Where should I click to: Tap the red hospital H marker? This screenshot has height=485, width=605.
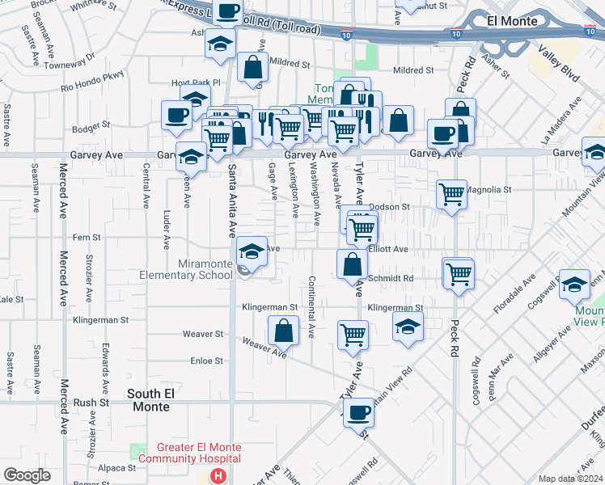click(218, 477)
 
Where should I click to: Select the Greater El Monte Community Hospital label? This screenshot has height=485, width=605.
click(190, 453)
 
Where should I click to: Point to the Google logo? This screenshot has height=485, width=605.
click(27, 475)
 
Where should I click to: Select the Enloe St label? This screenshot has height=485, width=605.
click(206, 361)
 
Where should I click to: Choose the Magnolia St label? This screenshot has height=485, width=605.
click(490, 190)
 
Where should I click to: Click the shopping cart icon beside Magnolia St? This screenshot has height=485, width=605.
click(451, 193)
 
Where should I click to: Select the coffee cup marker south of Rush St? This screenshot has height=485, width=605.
click(358, 412)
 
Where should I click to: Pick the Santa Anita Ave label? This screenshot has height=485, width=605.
click(231, 200)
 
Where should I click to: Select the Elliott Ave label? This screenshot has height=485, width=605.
click(388, 250)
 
